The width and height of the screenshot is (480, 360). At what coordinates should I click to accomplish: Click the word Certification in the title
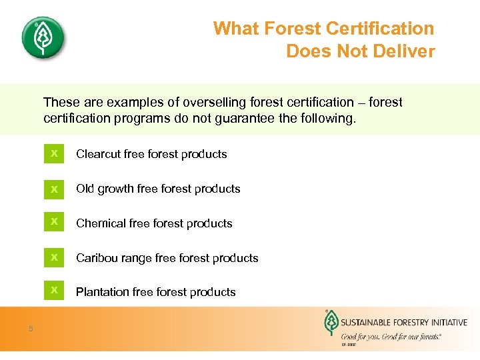coord(379,29)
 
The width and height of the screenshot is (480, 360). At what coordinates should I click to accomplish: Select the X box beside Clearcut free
coord(54,154)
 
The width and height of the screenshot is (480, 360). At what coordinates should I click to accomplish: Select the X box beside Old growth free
coord(54,189)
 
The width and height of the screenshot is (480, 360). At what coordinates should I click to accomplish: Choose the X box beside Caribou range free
coord(54,257)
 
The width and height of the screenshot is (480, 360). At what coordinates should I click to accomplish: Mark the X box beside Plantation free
coord(54,291)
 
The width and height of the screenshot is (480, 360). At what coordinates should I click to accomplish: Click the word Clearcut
coord(99,154)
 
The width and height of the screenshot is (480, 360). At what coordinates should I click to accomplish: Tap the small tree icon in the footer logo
coord(330,324)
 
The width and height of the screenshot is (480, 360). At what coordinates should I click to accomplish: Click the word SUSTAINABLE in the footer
coord(370,323)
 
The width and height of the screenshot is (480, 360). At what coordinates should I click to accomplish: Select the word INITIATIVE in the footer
coord(447,323)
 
